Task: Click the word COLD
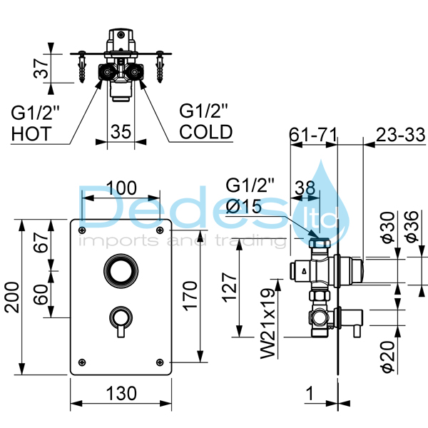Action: (x=205, y=132)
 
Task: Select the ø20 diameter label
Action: (x=387, y=355)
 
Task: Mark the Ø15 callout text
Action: (x=244, y=208)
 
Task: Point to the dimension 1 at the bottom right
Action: (x=309, y=392)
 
